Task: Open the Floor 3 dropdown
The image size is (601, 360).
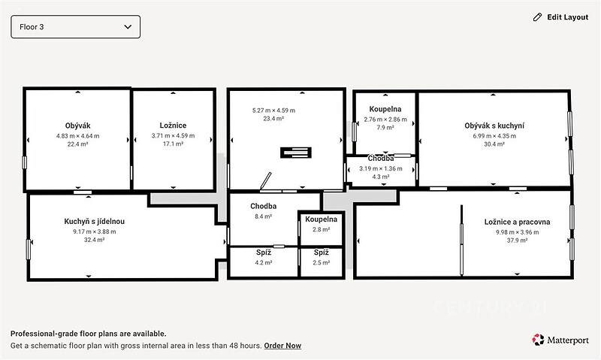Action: tap(76, 27)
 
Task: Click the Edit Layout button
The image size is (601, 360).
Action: tap(560, 17)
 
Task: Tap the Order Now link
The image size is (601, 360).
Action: tap(282, 346)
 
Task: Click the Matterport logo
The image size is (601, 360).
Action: tap(560, 340)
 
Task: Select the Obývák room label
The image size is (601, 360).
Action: tap(78, 126)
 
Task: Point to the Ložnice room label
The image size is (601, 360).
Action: tap(173, 126)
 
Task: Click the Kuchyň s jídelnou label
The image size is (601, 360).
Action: tap(95, 221)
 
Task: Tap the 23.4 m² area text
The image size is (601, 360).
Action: tap(273, 119)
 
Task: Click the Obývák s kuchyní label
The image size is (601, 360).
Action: tap(494, 126)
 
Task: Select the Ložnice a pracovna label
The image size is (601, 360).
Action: tap(517, 222)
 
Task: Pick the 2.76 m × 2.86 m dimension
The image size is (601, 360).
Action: tap(385, 119)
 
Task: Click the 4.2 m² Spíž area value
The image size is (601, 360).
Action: tap(264, 262)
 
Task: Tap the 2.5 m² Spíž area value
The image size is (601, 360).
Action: tap(322, 262)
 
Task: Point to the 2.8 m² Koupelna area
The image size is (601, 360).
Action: tap(322, 229)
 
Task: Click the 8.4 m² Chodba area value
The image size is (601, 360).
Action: tap(264, 216)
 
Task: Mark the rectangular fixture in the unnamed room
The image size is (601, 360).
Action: tap(296, 153)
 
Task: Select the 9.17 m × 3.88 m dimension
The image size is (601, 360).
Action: tap(95, 231)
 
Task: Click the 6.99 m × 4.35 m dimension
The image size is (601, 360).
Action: tap(494, 136)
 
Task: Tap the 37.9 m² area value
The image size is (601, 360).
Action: tap(517, 241)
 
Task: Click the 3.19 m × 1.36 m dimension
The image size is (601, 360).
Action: tap(381, 168)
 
